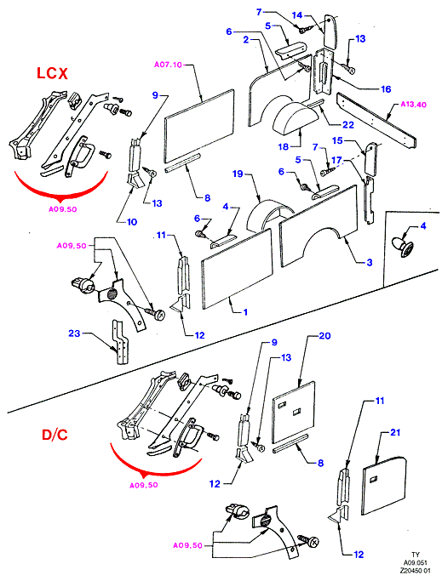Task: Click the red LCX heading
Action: tap(52, 73)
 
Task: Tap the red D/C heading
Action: tap(55, 435)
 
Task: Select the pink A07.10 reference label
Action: tap(168, 65)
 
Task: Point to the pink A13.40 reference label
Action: tap(413, 105)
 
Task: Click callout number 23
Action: tap(74, 333)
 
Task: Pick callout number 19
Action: tap(238, 174)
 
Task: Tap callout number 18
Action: tap(283, 146)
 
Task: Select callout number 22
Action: tap(348, 124)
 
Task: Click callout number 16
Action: tap(386, 89)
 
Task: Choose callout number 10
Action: tap(132, 222)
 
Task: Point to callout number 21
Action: tap(395, 432)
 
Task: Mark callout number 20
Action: tap(324, 335)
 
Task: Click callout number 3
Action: tap(370, 262)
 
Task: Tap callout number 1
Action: tap(245, 312)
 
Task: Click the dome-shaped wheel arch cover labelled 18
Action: tap(296, 118)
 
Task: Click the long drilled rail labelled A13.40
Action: tap(376, 121)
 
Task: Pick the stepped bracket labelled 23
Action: tap(121, 342)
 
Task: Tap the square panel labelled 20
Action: tap(294, 412)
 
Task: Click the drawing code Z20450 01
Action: tap(415, 571)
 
